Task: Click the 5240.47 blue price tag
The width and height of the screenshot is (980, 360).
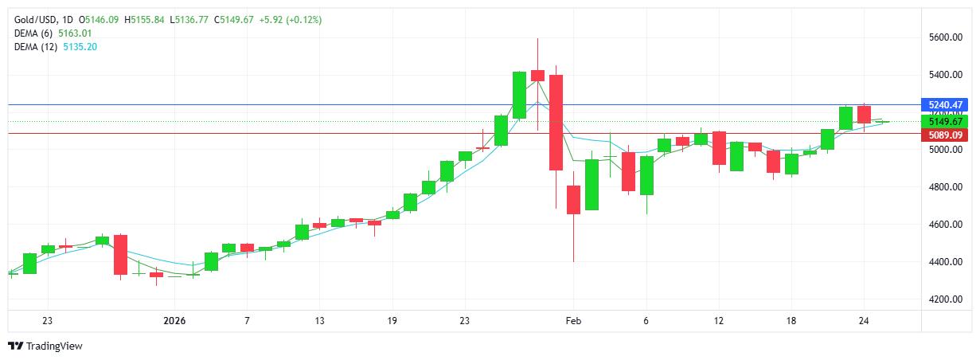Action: (x=946, y=105)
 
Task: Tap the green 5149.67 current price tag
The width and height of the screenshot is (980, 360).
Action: (x=946, y=121)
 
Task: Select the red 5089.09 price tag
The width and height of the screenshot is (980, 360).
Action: (x=946, y=135)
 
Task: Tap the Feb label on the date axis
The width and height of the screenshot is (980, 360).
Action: (x=573, y=320)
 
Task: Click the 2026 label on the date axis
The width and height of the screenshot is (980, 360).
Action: (x=174, y=320)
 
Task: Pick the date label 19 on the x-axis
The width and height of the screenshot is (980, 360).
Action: (x=392, y=320)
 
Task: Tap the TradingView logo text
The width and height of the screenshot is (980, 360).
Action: (x=54, y=346)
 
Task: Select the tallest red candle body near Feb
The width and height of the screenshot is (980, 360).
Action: (x=556, y=122)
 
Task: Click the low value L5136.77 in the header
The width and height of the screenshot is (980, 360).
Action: (x=189, y=19)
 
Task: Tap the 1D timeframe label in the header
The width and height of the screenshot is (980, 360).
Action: (x=66, y=19)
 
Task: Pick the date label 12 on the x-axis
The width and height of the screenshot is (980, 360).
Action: (x=718, y=320)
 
